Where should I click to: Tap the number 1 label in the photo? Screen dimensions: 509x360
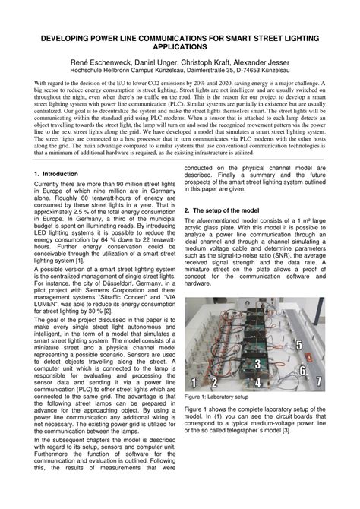point(194,381)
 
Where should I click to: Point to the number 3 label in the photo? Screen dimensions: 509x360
point(257,364)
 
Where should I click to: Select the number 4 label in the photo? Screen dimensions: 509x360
point(258,382)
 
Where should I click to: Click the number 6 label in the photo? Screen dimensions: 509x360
point(302,371)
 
